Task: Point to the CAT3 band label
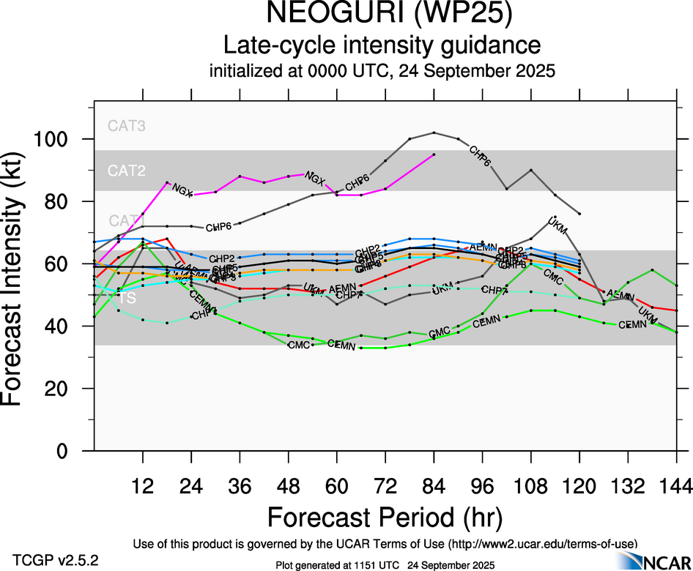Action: pos(127,125)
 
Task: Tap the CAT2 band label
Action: pos(127,171)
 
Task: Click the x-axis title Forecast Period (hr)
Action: pos(385,517)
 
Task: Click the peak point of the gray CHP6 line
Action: pos(434,133)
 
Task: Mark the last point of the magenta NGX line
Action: pos(434,154)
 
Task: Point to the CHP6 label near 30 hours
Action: pos(218,228)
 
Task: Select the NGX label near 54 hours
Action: pos(315,178)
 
